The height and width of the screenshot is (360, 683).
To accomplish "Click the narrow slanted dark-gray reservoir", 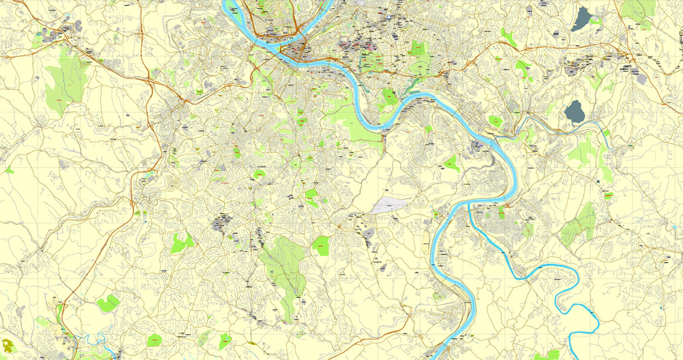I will (581, 19).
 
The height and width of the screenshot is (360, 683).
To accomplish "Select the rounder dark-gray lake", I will (574, 110).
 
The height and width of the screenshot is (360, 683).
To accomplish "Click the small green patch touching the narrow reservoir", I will (596, 20).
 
